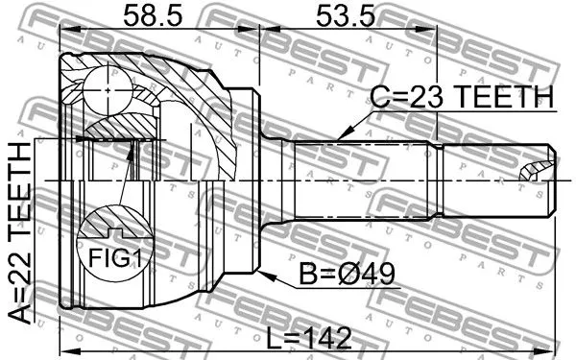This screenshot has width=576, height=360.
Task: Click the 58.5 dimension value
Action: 153,15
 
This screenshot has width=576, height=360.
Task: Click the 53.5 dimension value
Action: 346,15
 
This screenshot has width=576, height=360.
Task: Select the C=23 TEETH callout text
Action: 462,97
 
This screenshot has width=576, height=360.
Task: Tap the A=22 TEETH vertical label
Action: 19,233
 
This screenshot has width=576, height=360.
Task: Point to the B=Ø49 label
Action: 348,274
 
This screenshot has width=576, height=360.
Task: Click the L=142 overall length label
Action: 308,338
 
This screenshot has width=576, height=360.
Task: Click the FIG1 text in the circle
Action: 115,257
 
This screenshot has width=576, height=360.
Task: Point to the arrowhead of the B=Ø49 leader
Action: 266,276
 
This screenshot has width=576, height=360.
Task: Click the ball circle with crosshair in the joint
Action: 108,90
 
